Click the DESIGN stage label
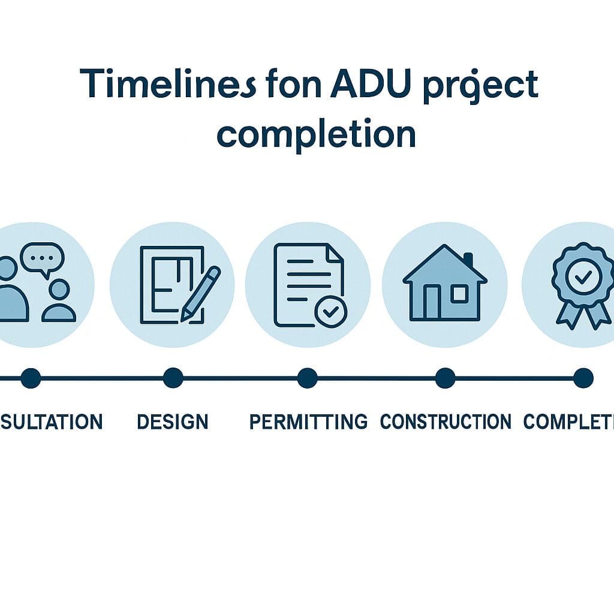173,422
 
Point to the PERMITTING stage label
308,422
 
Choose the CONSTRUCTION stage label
446,422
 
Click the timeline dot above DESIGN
173,378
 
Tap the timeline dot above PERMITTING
307,378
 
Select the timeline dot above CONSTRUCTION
445,378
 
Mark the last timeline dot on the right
583,378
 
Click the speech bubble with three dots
42,258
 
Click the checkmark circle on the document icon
330,312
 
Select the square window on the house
459,294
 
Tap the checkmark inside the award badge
583,276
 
